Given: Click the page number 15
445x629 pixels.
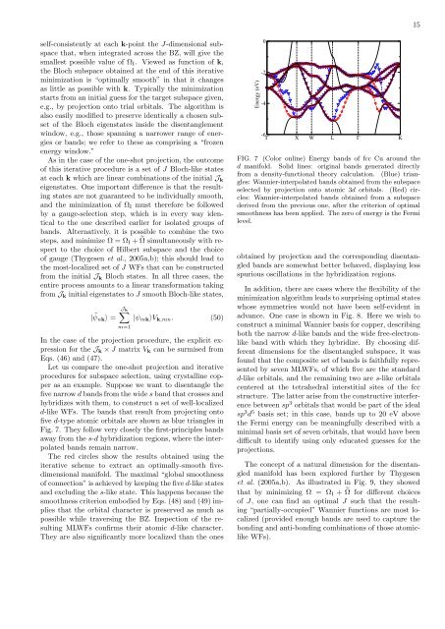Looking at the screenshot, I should coord(428,24).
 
